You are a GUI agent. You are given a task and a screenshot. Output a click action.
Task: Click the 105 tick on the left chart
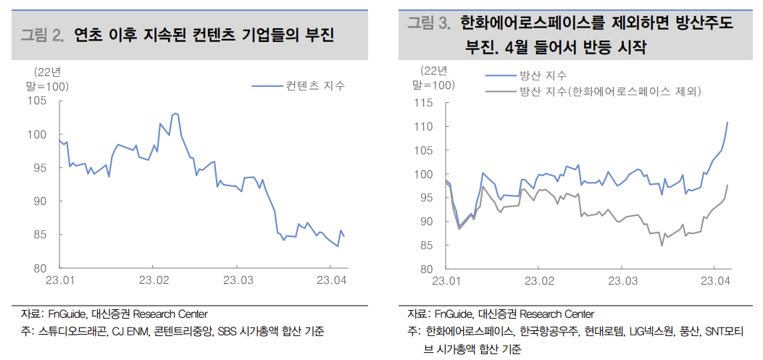click(38, 101)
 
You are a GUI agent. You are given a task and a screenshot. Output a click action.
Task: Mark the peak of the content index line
click(175, 114)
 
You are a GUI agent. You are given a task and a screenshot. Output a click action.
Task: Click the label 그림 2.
click(43, 34)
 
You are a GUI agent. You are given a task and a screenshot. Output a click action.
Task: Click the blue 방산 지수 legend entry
click(543, 75)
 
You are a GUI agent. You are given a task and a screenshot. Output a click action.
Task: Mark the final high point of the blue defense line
click(727, 122)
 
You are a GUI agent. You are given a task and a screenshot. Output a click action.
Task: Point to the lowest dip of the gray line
click(662, 246)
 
